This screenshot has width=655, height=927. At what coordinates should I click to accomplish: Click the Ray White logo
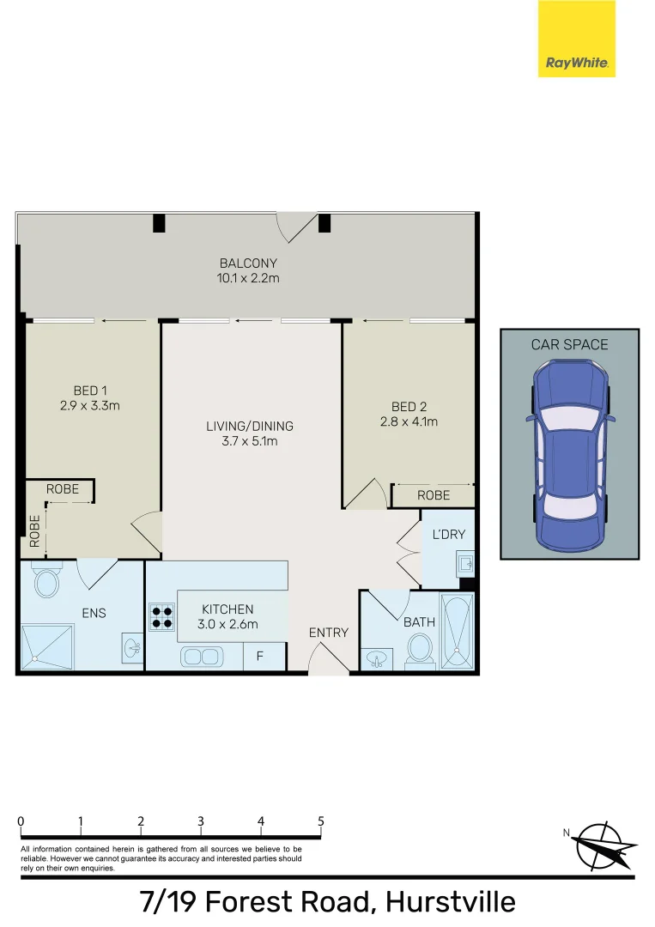577,39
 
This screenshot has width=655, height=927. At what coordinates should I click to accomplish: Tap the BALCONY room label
248,264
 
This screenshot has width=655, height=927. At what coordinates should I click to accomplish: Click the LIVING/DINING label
250,426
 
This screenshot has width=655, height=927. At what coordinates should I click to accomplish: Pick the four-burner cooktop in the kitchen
161,617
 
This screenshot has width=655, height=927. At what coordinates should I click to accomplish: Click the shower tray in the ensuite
47,646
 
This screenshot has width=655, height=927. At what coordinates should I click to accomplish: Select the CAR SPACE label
569,345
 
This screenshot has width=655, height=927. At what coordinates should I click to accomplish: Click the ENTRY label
329,633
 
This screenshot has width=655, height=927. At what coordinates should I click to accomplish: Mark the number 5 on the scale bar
321,821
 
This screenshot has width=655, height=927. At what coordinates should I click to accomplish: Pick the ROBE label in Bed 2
434,495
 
